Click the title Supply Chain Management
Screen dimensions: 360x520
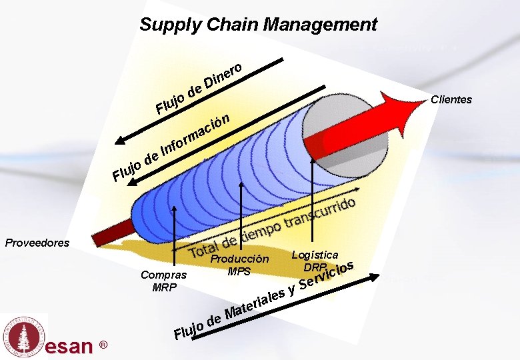coord(258,25)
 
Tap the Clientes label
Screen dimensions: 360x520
coord(451,100)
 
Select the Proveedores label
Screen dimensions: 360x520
coord(37,243)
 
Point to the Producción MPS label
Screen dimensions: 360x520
coord(239,265)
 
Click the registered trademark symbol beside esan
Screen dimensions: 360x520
coord(103,345)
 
